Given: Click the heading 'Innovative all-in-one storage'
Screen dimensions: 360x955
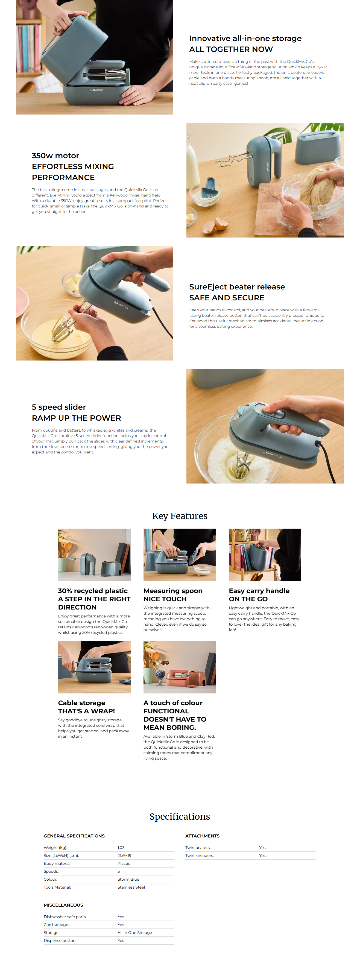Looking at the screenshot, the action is (245, 39).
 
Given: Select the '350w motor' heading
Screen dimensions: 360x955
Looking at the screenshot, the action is (55, 156).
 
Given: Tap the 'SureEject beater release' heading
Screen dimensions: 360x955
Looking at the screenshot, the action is (237, 287).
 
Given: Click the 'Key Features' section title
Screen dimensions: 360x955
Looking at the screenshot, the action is (180, 516).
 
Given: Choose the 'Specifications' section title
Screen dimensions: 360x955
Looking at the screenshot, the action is (180, 816).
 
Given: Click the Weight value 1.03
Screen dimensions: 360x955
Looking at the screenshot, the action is (121, 848).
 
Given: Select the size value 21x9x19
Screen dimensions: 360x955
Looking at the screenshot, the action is (124, 855).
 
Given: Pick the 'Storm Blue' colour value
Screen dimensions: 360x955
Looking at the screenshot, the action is (128, 879).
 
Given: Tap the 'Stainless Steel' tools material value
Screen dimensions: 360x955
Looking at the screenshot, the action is (131, 887).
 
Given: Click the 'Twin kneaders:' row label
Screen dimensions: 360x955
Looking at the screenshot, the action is (200, 855).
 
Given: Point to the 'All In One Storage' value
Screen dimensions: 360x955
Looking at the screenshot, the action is (134, 932).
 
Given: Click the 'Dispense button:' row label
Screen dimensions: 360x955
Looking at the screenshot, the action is (60, 940).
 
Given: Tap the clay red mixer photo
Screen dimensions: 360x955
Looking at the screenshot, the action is (179, 667).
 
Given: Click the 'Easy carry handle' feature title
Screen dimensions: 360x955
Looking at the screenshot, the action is (259, 591).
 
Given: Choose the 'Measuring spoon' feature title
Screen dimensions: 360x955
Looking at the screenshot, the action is (173, 591).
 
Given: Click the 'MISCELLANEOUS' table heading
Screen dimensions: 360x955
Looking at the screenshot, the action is (63, 905).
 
